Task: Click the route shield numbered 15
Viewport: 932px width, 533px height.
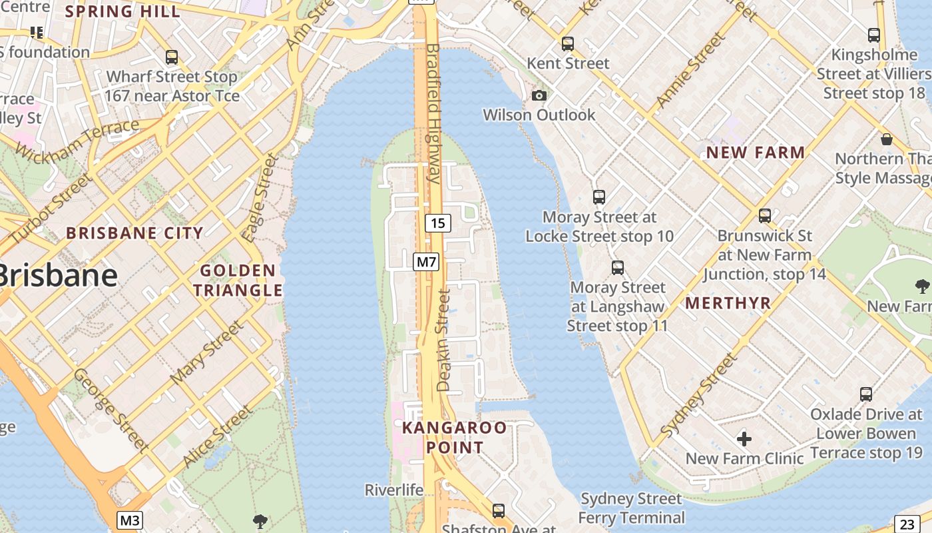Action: point(437,223)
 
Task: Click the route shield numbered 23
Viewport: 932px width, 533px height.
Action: point(907,523)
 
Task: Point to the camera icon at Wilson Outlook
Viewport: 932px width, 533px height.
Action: point(539,96)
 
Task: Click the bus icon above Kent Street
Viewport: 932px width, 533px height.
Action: point(567,44)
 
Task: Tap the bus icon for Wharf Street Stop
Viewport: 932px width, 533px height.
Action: point(172,57)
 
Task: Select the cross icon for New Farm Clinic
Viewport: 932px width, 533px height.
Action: point(744,439)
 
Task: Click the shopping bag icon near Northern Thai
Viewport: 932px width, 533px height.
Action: point(886,139)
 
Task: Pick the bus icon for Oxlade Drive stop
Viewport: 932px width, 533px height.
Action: point(865,394)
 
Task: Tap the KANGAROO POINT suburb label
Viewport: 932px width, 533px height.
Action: point(454,437)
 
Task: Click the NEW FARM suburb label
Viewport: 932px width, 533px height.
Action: point(756,153)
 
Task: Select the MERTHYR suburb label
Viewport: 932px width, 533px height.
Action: point(728,303)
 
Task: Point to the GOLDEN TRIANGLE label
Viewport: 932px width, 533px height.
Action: point(238,280)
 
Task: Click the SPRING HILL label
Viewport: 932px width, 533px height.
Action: point(122,12)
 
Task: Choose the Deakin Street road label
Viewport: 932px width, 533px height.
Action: point(443,340)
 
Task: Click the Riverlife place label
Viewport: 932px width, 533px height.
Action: point(393,490)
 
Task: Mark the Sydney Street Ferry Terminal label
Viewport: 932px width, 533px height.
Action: point(631,508)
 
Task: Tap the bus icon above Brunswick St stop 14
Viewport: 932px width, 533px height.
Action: point(764,216)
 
